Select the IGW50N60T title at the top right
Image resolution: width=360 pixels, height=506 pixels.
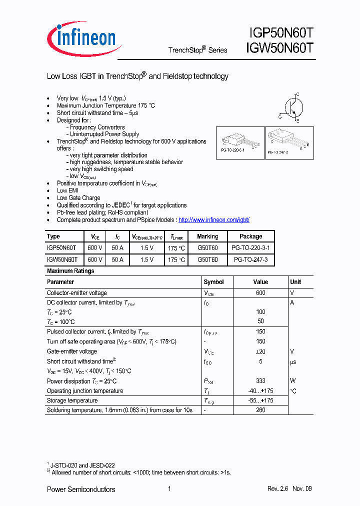point(280,48)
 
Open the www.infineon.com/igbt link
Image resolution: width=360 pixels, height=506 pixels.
point(213,220)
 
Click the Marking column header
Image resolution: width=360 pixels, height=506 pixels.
point(207,236)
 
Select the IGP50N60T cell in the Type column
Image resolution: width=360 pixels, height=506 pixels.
point(61,248)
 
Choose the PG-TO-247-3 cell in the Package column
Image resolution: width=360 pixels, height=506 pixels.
point(250,260)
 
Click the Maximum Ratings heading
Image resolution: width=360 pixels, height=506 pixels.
point(70,271)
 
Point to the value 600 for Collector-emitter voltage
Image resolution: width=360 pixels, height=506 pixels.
point(260,293)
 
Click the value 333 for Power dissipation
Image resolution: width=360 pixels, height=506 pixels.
point(260,381)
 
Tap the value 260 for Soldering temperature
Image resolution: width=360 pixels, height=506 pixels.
point(260,410)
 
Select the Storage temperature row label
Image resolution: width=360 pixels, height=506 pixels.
point(72,400)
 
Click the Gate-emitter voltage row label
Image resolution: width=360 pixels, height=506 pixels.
point(72,351)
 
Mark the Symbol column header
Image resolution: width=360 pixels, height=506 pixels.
point(213,282)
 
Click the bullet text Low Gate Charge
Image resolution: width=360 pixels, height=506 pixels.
point(78,198)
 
